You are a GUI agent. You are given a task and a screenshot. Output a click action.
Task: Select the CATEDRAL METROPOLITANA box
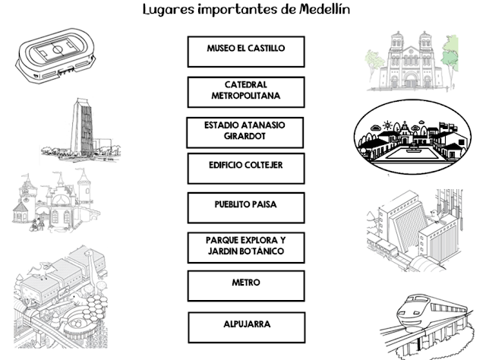(245, 92)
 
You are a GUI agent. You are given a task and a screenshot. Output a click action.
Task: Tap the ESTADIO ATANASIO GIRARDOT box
(245, 132)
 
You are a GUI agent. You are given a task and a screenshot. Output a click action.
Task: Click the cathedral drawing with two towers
(412, 61)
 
